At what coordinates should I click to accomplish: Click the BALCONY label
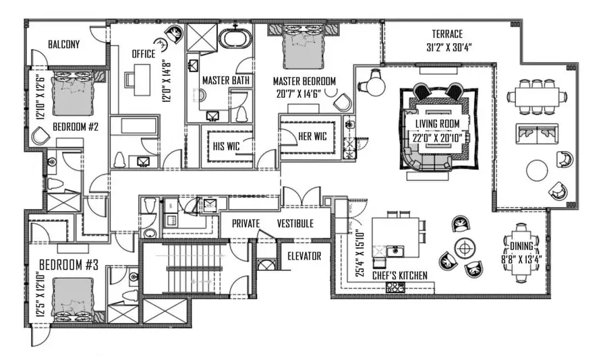point(64,44)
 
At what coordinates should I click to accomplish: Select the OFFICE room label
point(143,54)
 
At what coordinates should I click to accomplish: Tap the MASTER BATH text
point(227,80)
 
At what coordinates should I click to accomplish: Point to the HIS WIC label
point(227,146)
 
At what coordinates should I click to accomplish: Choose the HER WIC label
point(312,136)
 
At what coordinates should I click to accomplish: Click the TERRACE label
point(447,34)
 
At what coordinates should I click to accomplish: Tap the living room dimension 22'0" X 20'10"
point(436,136)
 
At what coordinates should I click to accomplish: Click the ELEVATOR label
point(304,256)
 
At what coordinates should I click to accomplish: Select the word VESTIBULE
point(295,223)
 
